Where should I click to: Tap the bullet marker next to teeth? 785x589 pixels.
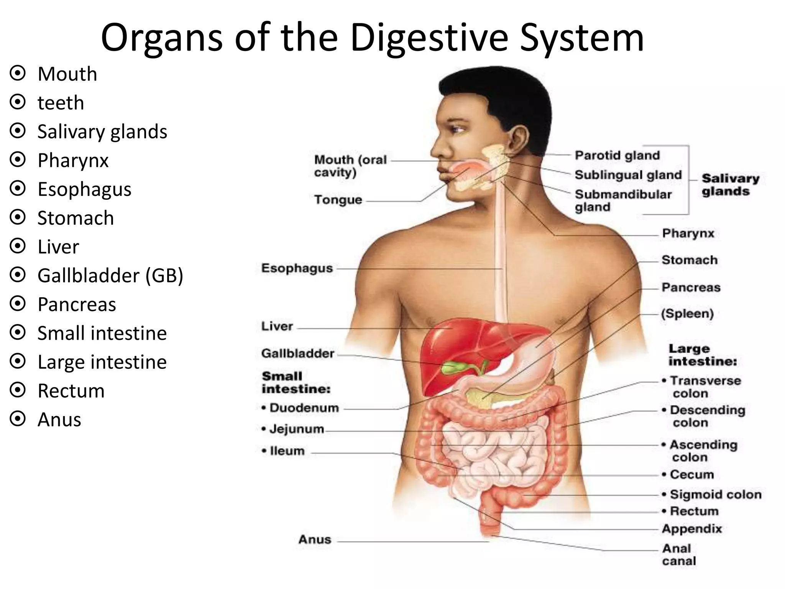tap(18, 102)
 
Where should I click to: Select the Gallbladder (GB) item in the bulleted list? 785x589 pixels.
tap(110, 275)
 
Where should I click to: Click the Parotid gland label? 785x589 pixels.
tap(617, 155)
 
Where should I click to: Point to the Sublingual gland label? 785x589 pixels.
tap(628, 175)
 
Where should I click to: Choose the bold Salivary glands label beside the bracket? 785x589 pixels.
tap(730, 185)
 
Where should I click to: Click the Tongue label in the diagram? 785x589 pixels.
tap(338, 200)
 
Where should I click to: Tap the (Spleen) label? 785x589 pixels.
tap(687, 314)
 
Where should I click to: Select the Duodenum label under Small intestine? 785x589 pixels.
tap(304, 408)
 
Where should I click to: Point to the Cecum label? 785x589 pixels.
tap(691, 474)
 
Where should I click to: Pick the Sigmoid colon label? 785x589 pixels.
tap(715, 494)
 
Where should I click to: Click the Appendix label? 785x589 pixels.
tap(692, 529)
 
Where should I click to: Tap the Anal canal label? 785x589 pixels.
tap(679, 554)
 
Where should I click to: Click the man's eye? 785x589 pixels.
tap(457, 129)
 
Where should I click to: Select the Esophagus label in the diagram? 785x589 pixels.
tap(297, 268)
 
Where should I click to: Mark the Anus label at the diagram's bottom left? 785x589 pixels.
tap(315, 540)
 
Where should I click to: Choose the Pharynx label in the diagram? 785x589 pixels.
tap(688, 233)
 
